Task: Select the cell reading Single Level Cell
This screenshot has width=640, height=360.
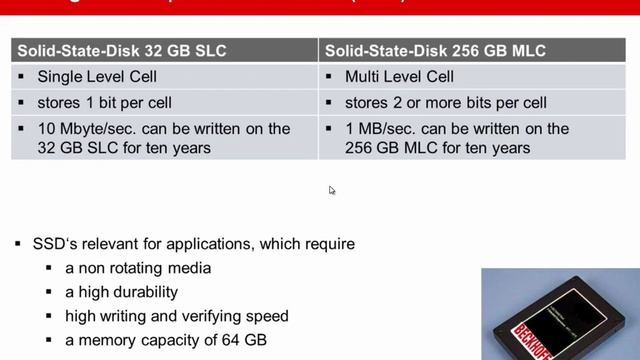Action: tap(96, 76)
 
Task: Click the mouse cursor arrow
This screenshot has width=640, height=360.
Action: tap(332, 190)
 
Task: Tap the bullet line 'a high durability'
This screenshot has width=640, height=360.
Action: tap(121, 292)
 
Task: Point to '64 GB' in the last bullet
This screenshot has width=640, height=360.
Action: tap(245, 340)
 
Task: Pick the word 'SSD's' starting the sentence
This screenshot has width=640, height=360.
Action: tap(56, 244)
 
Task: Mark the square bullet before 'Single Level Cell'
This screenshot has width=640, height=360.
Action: tap(21, 77)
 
